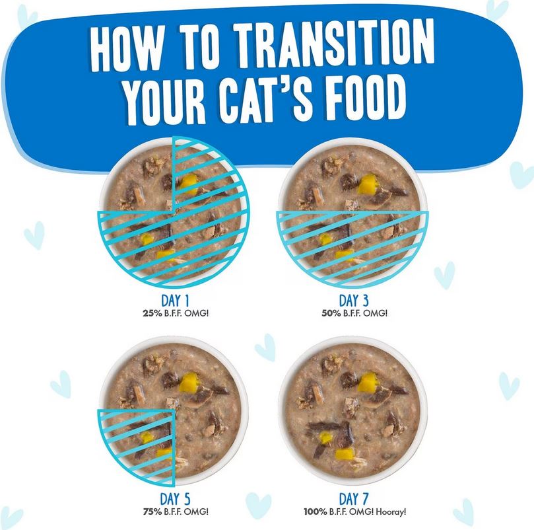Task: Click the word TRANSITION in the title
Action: point(335,44)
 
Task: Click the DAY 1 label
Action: point(175,301)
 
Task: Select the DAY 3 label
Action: point(354,301)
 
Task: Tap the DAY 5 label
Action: point(175,500)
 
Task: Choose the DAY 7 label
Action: point(354,500)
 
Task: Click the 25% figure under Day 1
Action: point(152,313)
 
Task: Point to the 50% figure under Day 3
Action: point(331,313)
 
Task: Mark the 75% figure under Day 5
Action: point(152,511)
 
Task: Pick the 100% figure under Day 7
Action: point(316,511)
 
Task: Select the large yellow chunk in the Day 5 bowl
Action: point(189,382)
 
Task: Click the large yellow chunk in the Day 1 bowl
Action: point(189,184)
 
